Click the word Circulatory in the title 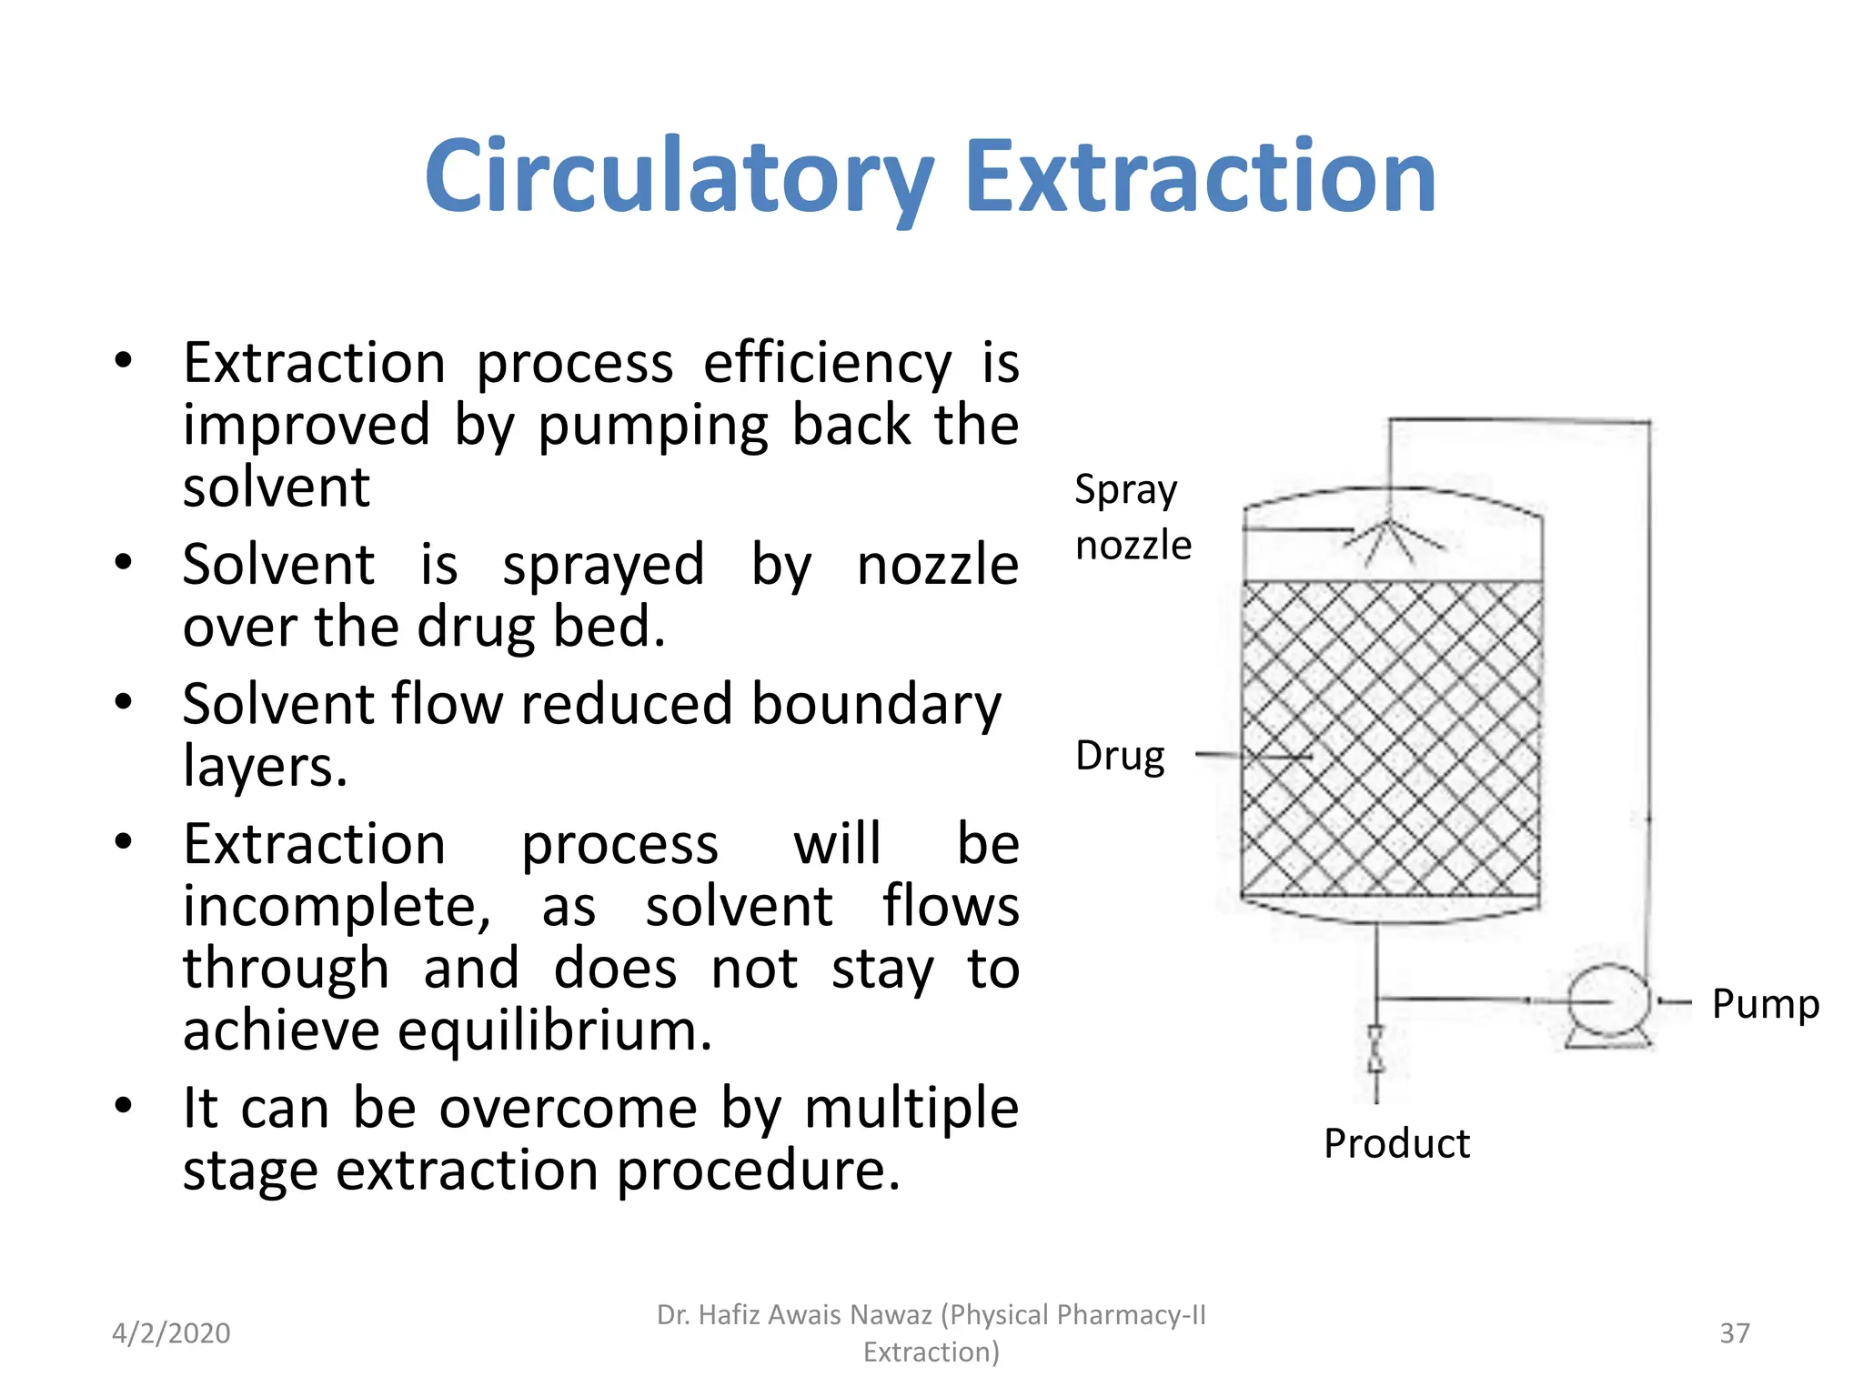678,177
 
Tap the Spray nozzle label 1132,517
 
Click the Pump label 1765,1004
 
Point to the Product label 1395,1143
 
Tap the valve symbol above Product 1375,1050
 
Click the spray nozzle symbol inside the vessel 1388,537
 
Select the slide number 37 1734,1333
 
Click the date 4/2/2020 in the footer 171,1333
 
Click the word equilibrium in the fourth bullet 554,1031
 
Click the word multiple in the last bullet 911,1108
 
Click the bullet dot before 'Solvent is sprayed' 124,561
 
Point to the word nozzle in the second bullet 937,565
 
